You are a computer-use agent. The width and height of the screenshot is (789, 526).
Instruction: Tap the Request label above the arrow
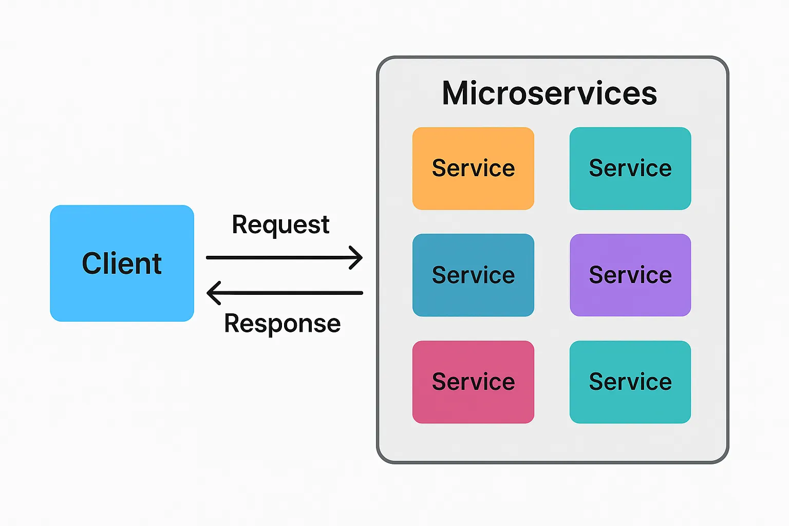[280, 225]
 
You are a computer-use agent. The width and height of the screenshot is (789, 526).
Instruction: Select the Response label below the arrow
[282, 324]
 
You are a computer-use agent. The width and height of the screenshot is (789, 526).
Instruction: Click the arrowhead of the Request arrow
[359, 257]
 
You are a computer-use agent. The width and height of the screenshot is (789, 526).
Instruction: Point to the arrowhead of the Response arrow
[211, 293]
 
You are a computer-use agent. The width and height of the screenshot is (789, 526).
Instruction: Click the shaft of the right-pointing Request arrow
[277, 257]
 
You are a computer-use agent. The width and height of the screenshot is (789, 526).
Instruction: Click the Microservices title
[549, 93]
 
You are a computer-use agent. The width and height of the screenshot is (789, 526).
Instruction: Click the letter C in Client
[92, 264]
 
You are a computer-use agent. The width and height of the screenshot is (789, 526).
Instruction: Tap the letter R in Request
[240, 224]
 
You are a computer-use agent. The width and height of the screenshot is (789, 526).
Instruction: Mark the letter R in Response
[232, 324]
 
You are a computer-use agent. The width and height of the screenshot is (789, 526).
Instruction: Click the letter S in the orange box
[439, 168]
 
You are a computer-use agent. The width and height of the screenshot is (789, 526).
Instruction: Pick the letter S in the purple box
[596, 275]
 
